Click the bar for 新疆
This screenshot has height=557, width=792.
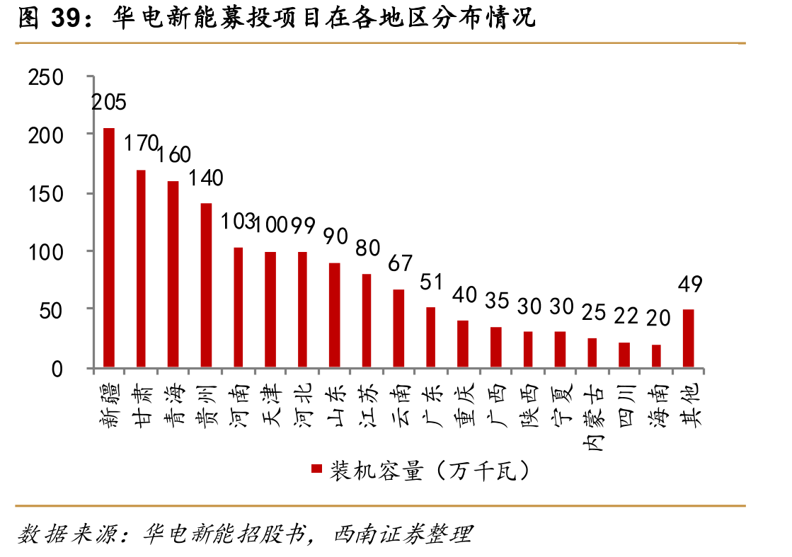pos(108,248)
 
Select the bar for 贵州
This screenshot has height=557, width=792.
pos(206,285)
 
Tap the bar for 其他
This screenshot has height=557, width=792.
pos(689,338)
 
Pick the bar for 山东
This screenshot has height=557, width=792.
pos(334,315)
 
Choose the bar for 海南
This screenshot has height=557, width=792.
pos(656,356)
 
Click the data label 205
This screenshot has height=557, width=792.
pos(108,103)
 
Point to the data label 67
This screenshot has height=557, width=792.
pos(400,263)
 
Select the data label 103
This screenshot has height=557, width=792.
pos(237,222)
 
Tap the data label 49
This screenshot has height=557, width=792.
pos(690,285)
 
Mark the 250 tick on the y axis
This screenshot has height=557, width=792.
pos(46,78)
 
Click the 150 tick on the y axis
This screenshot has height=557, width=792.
pos(46,194)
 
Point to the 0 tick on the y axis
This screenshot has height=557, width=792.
pos(57,369)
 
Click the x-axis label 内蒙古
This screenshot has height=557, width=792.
pos(592,418)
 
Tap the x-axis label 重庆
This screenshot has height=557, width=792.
pos(465,406)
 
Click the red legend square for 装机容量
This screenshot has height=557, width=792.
pos(316,469)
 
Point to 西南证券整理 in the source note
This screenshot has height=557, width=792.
pos(403,534)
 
